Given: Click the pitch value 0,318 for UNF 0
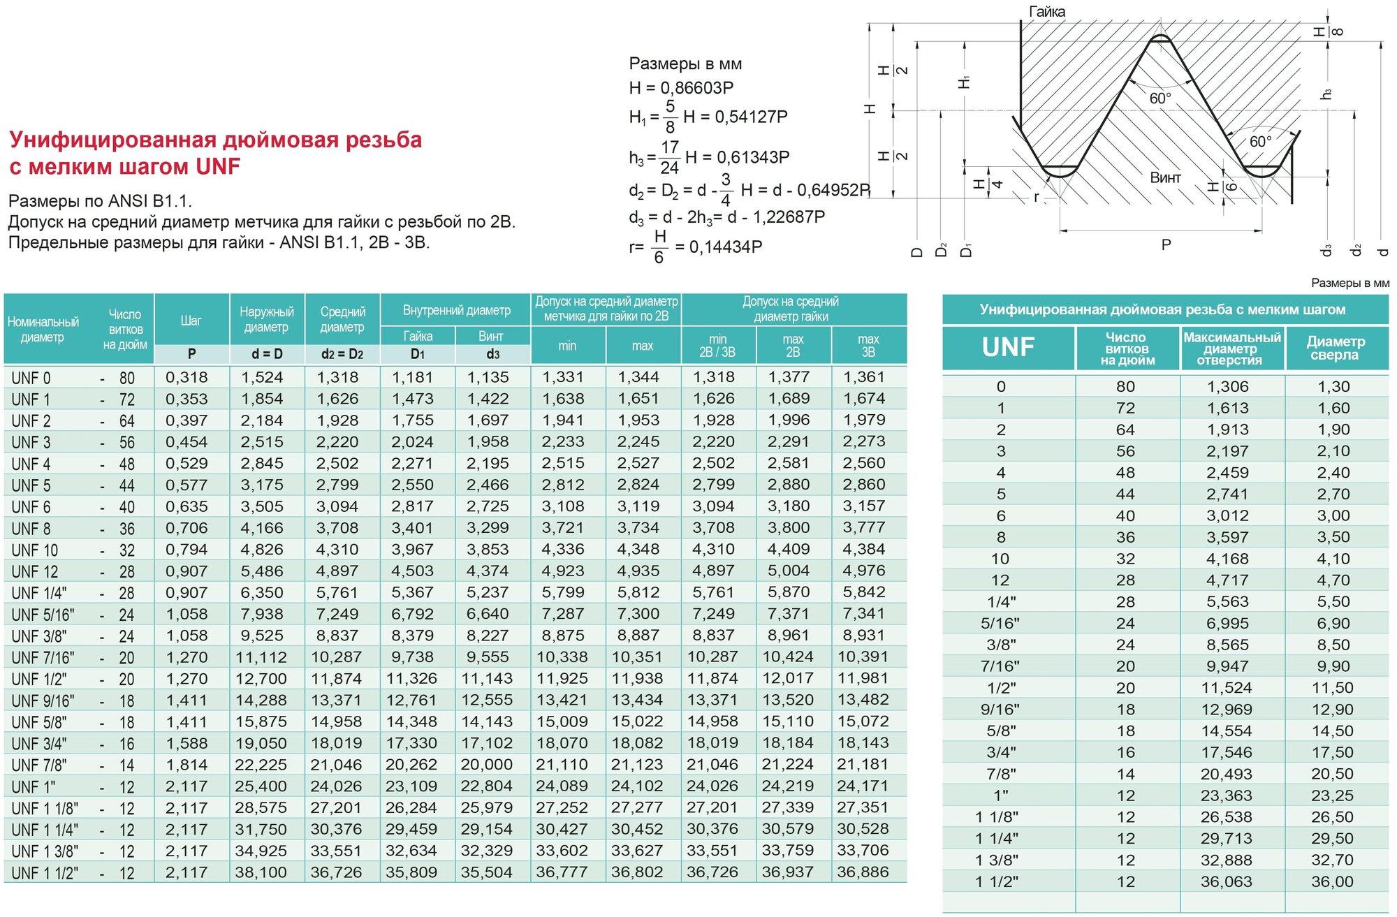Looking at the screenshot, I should (186, 378).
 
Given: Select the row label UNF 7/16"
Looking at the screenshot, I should (43, 658).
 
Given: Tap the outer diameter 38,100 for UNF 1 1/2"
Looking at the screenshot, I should (261, 873).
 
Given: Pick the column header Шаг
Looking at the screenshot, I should (191, 321).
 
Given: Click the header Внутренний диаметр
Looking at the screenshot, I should (456, 310).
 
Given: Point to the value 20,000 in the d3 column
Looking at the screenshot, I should (487, 765).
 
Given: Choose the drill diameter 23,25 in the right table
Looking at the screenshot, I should (1332, 795).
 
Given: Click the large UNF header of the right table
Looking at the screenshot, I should (1008, 347).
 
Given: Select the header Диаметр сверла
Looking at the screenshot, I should (1335, 348).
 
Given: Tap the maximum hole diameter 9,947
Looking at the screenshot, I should (1227, 666).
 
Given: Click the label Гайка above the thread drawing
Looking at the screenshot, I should (1047, 12).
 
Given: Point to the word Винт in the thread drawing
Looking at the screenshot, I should (1166, 178).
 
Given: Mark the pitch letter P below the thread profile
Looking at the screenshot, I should (1166, 245).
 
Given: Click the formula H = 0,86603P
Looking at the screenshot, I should (681, 88).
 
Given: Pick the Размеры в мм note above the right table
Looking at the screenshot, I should (1350, 283).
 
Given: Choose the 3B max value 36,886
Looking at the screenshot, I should (863, 872).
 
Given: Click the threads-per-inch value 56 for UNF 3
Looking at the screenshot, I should (126, 443).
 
